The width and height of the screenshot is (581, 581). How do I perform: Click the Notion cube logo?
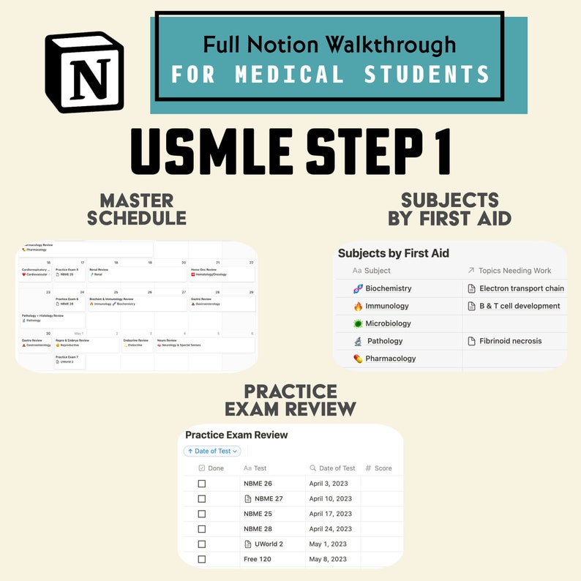84,72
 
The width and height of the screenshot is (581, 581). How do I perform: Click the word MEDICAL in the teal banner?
290,75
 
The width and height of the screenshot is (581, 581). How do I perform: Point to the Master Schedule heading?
137,209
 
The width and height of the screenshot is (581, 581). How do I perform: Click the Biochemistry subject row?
388,288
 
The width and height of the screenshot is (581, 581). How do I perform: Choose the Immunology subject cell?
386,306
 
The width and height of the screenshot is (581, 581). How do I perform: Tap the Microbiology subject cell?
388,323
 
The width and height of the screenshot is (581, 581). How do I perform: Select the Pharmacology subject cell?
390,359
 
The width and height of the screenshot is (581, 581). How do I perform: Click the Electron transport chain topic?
521,288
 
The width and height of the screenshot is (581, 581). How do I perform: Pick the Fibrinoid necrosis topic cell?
510,341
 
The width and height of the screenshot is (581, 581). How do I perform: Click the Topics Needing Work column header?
514,271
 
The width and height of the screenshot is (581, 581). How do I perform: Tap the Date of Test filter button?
212,451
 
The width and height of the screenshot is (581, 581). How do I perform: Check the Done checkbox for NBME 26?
202,484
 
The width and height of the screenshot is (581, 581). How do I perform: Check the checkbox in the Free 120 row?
202,560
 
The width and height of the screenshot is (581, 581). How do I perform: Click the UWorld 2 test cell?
268,544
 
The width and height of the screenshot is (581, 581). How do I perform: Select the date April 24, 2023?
330,529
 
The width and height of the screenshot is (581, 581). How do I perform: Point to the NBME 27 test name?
268,499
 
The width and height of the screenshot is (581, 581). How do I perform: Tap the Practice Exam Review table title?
236,435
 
